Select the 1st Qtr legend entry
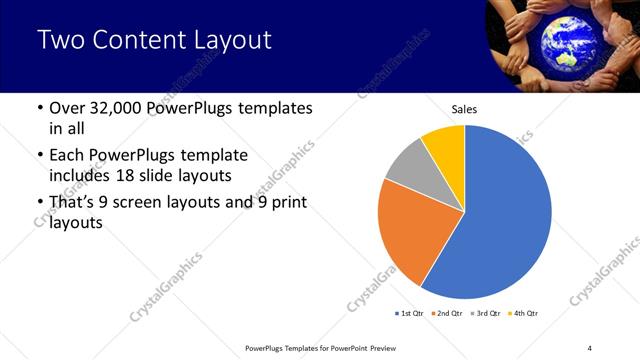pyautogui.click(x=409, y=313)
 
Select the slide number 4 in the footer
pyautogui.click(x=589, y=347)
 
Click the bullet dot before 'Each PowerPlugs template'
pyautogui.click(x=38, y=156)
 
